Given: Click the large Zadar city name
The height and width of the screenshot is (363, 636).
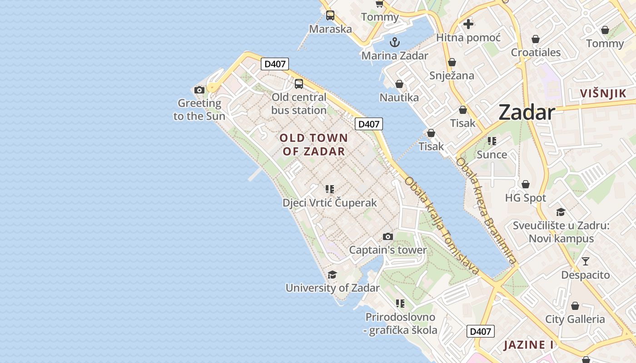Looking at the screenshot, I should point(527,113).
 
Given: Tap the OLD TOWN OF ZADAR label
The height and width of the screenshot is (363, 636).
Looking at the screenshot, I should point(314,144).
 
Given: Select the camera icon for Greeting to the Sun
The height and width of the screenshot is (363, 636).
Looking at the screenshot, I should point(199,90).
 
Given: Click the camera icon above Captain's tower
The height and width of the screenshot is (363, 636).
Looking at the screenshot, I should point(388,236).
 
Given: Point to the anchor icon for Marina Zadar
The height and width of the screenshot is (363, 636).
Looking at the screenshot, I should point(395,42).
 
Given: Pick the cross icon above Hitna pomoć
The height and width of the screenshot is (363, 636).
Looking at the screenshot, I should point(468,24).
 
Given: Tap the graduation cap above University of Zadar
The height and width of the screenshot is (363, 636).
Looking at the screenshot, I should point(332,275).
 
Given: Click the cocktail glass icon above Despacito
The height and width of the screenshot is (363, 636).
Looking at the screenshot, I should point(586,261).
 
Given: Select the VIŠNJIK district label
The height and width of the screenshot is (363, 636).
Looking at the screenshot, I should point(603,93).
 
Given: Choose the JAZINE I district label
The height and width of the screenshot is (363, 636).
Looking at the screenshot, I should point(528,345).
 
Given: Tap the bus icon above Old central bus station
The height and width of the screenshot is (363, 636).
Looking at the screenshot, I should point(298,83).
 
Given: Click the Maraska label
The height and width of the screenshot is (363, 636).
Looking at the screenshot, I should point(330,29).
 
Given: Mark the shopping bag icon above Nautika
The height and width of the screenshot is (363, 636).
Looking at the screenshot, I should point(399,84).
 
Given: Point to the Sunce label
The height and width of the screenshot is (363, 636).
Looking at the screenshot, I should point(492,155).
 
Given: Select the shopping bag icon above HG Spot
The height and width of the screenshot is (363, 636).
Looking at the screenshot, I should point(526,184).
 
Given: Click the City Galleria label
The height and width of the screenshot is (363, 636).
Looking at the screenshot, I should point(575,319).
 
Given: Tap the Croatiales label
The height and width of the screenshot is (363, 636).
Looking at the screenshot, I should point(536,52).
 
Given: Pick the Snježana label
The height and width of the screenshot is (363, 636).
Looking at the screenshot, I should point(452,75).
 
